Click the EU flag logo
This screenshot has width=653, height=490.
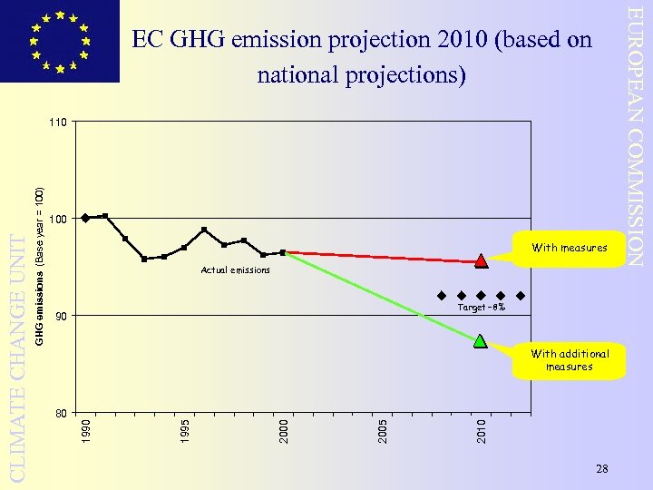pos(60,41)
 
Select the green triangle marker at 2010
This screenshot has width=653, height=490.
pos(480,341)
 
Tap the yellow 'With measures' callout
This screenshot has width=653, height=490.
pos(570,248)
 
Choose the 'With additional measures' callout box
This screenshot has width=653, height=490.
pos(570,360)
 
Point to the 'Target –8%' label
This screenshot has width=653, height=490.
pos(482,308)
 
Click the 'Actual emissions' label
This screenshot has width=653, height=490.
pos(235,269)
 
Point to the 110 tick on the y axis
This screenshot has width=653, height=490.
pos(58,121)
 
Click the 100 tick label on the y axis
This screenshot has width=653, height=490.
pos(58,219)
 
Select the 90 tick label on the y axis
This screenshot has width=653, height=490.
pos(60,316)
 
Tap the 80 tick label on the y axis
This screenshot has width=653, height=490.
pos(60,413)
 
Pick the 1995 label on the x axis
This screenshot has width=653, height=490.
pos(184,430)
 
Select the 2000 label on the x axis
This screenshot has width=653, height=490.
pos(284,430)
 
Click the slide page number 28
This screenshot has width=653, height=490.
pos(602,469)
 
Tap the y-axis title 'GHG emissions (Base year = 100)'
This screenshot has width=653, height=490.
pos(40,266)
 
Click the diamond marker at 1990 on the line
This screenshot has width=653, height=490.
pos(85,218)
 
